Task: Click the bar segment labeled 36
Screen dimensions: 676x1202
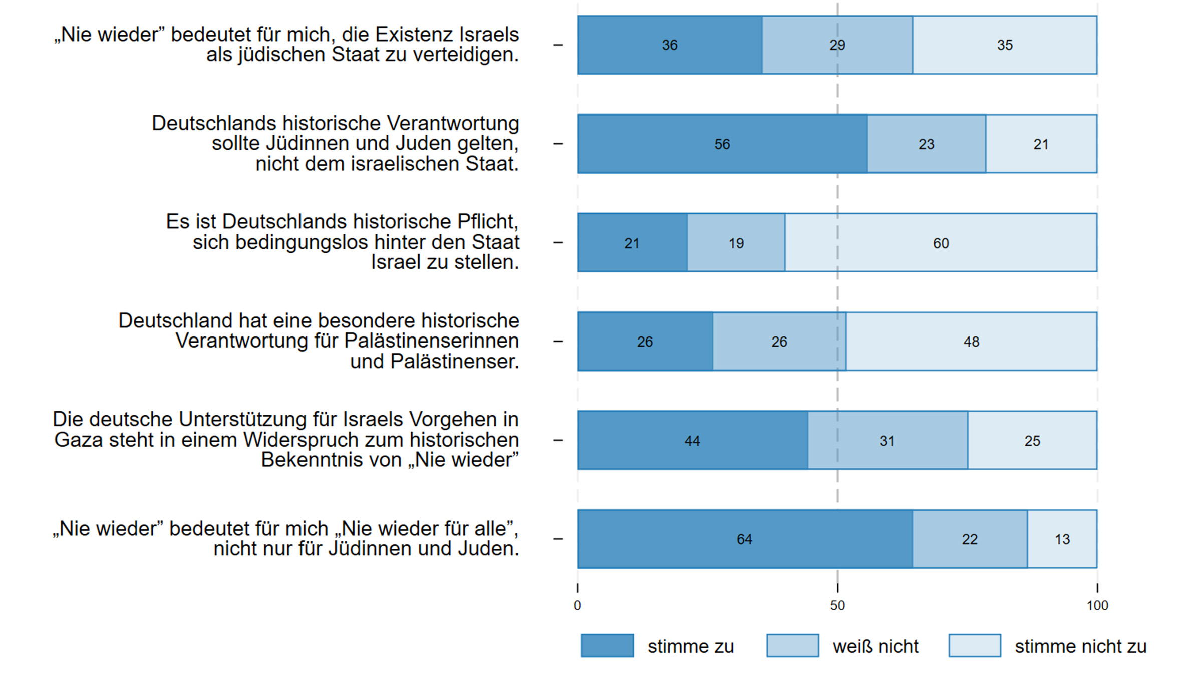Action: click(x=670, y=45)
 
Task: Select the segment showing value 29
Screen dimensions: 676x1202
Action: click(x=837, y=45)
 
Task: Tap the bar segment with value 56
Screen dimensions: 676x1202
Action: click(x=722, y=144)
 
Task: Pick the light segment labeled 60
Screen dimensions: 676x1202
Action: click(x=941, y=243)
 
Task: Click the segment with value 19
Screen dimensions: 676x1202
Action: click(x=736, y=243)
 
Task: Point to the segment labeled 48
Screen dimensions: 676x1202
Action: click(x=971, y=342)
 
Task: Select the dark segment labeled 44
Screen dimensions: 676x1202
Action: click(x=692, y=441)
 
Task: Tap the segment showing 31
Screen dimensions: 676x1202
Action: click(x=887, y=441)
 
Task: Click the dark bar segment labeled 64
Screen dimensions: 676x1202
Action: click(x=744, y=539)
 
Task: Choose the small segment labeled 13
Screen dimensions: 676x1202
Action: click(x=1062, y=539)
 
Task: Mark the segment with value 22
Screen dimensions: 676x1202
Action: click(x=970, y=539)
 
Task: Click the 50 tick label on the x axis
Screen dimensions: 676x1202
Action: click(x=837, y=606)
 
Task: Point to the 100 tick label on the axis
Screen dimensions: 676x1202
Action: click(x=1097, y=606)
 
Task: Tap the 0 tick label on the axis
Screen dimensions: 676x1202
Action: click(x=577, y=606)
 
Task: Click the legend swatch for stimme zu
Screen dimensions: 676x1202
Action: click(x=607, y=646)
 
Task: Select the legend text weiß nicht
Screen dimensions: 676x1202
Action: click(x=875, y=646)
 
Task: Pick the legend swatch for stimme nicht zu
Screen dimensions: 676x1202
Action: click(x=975, y=646)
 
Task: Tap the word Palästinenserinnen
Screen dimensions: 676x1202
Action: click(x=431, y=341)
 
